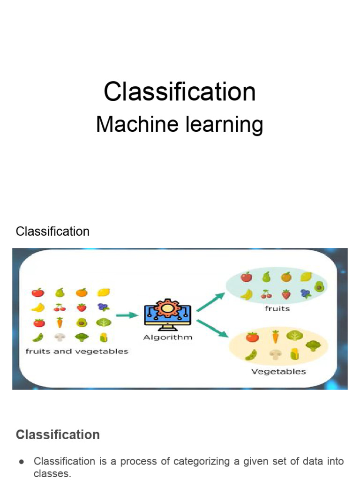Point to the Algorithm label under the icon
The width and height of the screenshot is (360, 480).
[x=168, y=337]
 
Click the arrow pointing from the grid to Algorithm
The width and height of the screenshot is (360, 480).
[x=127, y=315]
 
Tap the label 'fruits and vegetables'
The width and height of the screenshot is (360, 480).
[x=77, y=351]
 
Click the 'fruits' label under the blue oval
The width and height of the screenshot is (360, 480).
[x=277, y=308]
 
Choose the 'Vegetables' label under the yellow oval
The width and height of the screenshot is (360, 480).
[x=278, y=372]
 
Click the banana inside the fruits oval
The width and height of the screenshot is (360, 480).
[x=247, y=294]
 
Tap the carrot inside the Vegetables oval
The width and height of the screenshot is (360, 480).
[x=275, y=336]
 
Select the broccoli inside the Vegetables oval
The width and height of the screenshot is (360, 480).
[x=313, y=346]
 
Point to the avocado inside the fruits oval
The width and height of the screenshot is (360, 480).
[x=321, y=286]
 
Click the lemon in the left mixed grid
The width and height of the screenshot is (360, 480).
[x=103, y=292]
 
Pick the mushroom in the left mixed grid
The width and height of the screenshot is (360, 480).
[x=60, y=337]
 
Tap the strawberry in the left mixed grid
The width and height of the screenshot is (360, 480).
[x=82, y=307]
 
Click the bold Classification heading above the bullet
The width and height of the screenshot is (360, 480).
[x=58, y=435]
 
